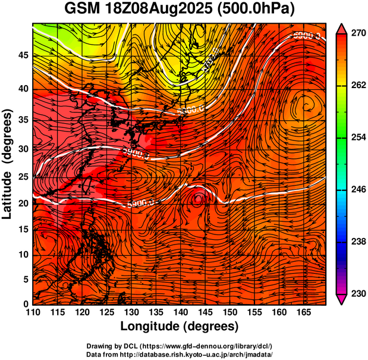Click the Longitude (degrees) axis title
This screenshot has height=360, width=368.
pos(180,326)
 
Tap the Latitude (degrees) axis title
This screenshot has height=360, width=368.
pos(8,164)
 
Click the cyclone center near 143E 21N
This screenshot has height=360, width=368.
pos(198,199)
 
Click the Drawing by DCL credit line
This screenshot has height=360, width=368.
pos(180,346)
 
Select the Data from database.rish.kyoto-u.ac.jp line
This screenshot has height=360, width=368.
pos(180,354)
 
